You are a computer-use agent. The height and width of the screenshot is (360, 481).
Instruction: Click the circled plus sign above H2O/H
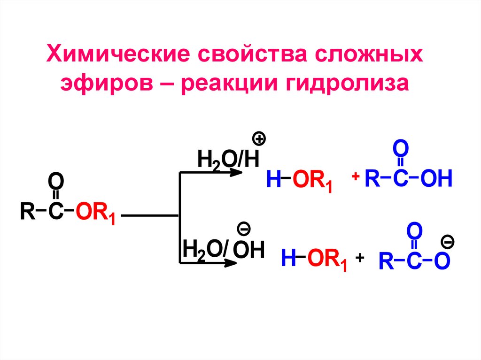[x=259, y=139]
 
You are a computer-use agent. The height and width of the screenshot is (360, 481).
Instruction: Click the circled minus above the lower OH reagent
[x=244, y=229]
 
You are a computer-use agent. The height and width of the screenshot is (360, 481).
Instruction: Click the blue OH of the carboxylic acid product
[x=435, y=179]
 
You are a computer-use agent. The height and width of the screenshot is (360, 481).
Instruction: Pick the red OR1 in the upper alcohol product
[x=312, y=181]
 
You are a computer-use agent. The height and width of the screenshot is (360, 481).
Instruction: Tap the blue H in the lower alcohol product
[x=287, y=259]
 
